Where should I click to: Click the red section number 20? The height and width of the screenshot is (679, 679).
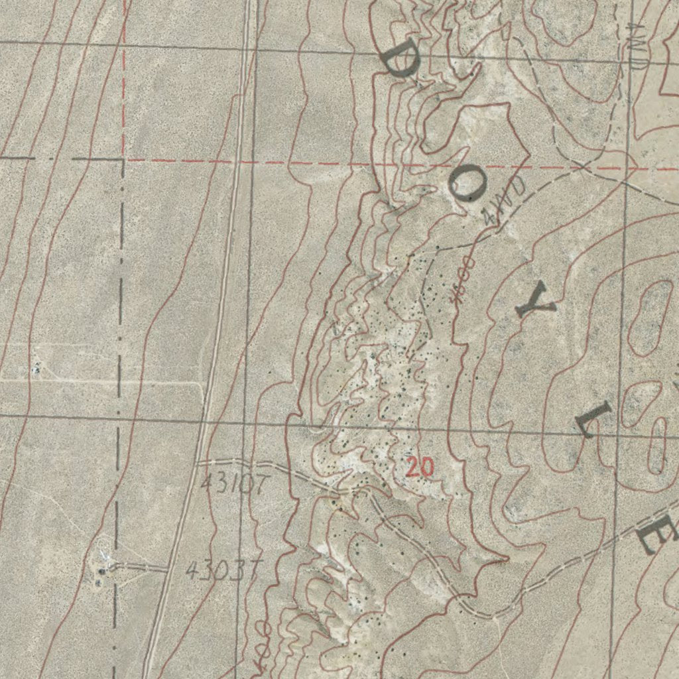coord(420,467)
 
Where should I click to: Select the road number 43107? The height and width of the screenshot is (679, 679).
coord(234,482)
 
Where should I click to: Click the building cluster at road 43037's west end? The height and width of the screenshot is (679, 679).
coord(101,569)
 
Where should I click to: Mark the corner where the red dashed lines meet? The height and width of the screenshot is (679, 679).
coord(124,160)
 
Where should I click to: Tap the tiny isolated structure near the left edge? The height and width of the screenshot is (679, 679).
coord(36,367)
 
